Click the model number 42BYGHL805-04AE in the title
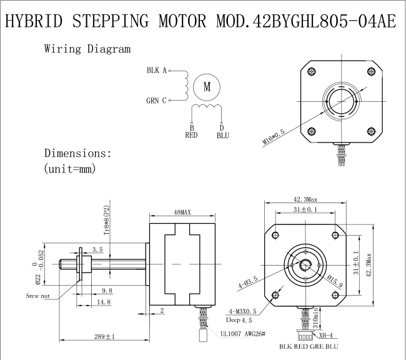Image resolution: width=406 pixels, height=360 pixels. point(325,21)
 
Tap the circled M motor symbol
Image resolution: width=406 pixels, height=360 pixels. point(207,87)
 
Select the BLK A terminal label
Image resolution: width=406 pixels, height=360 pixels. point(157,70)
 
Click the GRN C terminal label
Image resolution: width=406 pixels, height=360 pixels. point(156,100)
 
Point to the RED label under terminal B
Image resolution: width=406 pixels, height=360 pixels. point(191,135)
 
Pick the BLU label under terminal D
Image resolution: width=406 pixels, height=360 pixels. point(223,135)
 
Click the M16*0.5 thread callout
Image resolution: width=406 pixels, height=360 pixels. point(274,137)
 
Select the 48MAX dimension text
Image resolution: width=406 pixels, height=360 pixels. point(182,212)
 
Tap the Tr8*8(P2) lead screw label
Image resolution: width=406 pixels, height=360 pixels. point(107,220)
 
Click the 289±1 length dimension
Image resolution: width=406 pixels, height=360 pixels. point(104,336)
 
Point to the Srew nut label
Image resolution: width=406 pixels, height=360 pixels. point(37,296)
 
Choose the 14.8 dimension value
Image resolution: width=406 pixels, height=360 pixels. point(104,302)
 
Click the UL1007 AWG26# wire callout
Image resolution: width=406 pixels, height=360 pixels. point(243,334)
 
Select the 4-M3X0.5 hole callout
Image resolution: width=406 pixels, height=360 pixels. point(242,311)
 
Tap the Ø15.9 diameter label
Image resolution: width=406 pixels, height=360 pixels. point(335,281)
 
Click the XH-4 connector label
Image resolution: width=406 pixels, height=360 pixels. point(325,335)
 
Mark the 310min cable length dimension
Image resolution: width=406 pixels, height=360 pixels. point(315,317)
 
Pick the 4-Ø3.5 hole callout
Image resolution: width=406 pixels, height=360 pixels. point(248,282)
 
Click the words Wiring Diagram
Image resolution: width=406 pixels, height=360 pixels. point(87,49)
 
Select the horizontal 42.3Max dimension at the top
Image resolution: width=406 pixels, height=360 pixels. point(305,199)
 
